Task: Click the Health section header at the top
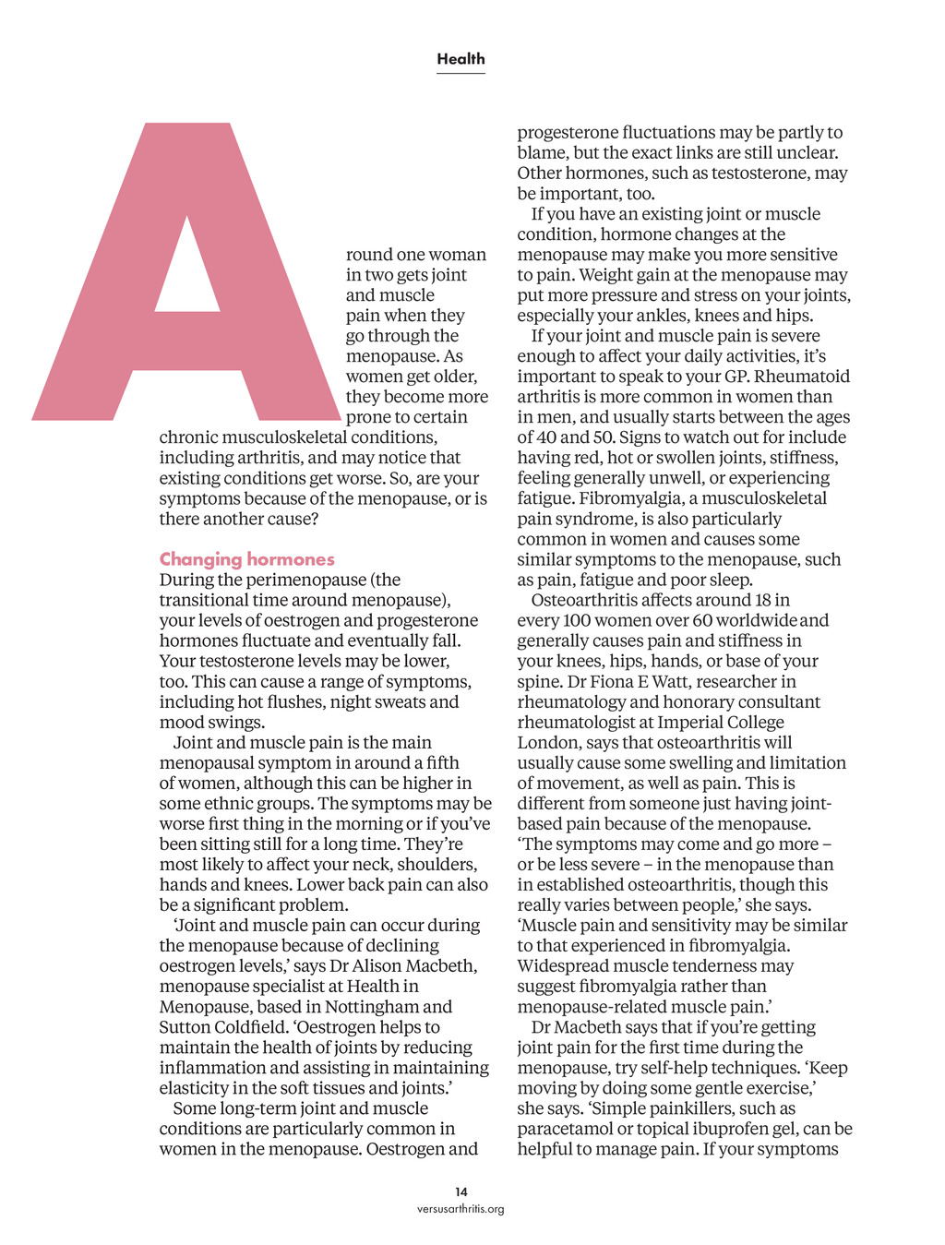(461, 59)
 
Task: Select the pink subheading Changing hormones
(246, 559)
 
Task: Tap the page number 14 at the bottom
(461, 1191)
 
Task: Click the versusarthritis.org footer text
(461, 1209)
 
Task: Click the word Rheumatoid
(801, 377)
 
